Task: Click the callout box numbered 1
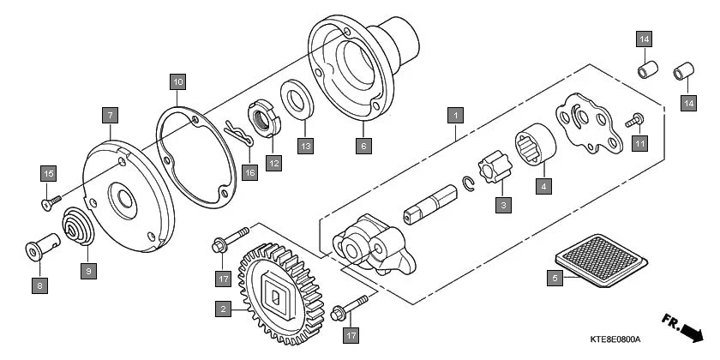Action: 457,113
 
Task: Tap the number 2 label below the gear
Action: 223,309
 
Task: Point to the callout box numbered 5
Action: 555,277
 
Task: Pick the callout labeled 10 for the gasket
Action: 177,82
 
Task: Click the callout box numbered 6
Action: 363,146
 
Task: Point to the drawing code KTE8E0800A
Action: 615,339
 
